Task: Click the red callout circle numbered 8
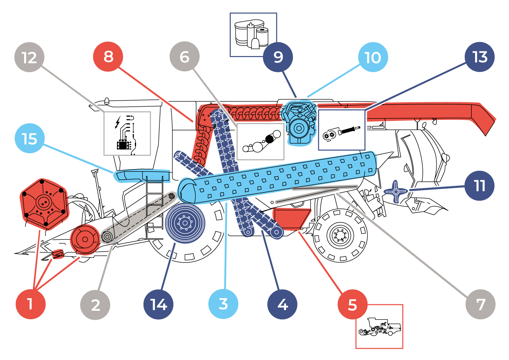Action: click(x=108, y=57)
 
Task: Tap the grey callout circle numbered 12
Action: click(x=30, y=57)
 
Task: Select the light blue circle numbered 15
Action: click(x=30, y=139)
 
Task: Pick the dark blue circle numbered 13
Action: click(x=480, y=57)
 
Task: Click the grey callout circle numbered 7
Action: click(x=480, y=304)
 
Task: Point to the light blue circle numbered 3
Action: click(x=223, y=304)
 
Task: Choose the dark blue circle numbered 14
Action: click(x=158, y=304)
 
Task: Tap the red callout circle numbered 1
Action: click(x=31, y=304)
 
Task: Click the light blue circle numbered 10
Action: click(x=373, y=57)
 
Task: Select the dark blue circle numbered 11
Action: click(x=479, y=186)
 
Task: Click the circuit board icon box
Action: click(x=127, y=133)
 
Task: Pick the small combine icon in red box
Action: click(x=379, y=326)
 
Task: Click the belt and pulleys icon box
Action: click(x=260, y=141)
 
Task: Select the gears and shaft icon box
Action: click(x=341, y=130)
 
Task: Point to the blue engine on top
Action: click(x=299, y=122)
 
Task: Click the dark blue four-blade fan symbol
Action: click(x=396, y=192)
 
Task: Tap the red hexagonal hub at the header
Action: click(x=44, y=204)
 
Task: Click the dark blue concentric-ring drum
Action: click(x=185, y=223)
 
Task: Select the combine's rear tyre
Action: click(x=340, y=235)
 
